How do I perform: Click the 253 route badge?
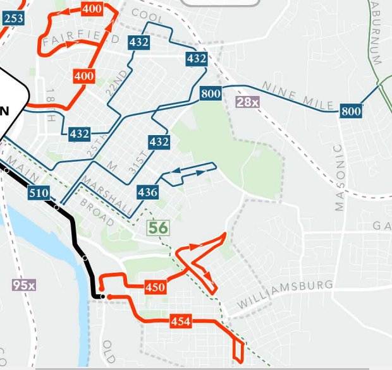[x=14, y=18]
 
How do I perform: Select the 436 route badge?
[x=147, y=191]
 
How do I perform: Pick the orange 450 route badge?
[x=155, y=287]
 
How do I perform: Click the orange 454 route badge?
[x=180, y=321]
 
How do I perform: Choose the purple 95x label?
[x=24, y=285]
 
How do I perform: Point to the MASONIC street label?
[x=338, y=177]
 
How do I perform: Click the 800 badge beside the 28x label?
[x=211, y=94]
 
